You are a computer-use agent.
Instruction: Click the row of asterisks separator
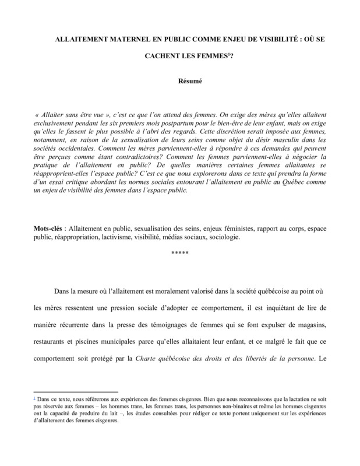pyautogui.click(x=180, y=252)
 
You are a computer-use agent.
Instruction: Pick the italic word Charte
pyautogui.click(x=146, y=358)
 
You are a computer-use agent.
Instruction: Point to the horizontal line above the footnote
pyautogui.click(x=76, y=392)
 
